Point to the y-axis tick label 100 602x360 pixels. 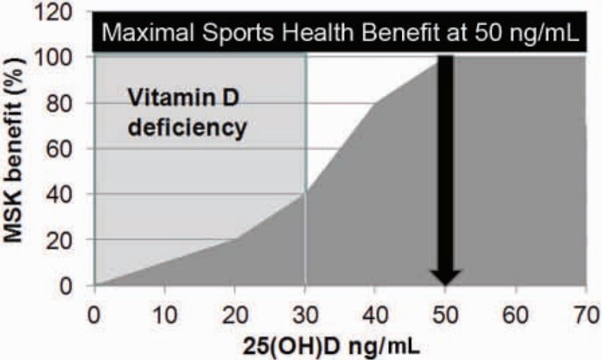(x=61, y=57)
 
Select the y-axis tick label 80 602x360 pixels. (x=68, y=103)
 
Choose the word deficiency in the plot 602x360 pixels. (x=187, y=129)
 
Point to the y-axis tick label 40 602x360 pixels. (x=68, y=194)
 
